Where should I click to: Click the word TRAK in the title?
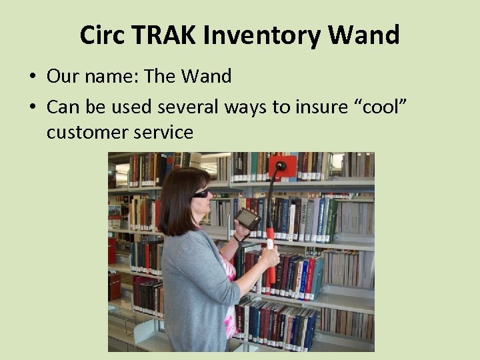pyautogui.click(x=165, y=35)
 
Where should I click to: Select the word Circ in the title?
pyautogui.click(x=102, y=35)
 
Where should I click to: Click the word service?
pyautogui.click(x=163, y=132)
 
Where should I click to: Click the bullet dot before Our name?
pyautogui.click(x=32, y=77)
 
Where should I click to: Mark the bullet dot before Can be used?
pyautogui.click(x=32, y=105)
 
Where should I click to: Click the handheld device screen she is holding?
pyautogui.click(x=248, y=218)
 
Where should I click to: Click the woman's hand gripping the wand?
pyautogui.click(x=269, y=255)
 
